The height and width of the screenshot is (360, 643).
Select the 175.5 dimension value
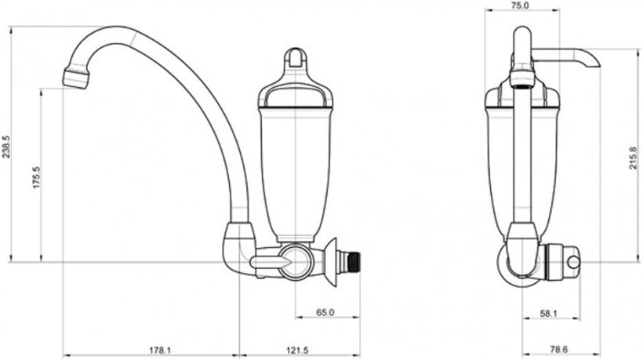(37, 177)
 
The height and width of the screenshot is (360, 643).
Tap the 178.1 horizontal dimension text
(159, 350)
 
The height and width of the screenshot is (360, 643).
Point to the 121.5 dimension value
(297, 350)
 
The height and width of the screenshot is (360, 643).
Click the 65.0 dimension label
(325, 312)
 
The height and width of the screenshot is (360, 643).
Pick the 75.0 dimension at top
(521, 5)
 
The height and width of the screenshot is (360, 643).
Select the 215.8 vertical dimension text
(634, 158)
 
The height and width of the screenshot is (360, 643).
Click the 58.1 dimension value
(549, 314)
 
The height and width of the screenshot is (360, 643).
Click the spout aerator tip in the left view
(76, 78)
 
